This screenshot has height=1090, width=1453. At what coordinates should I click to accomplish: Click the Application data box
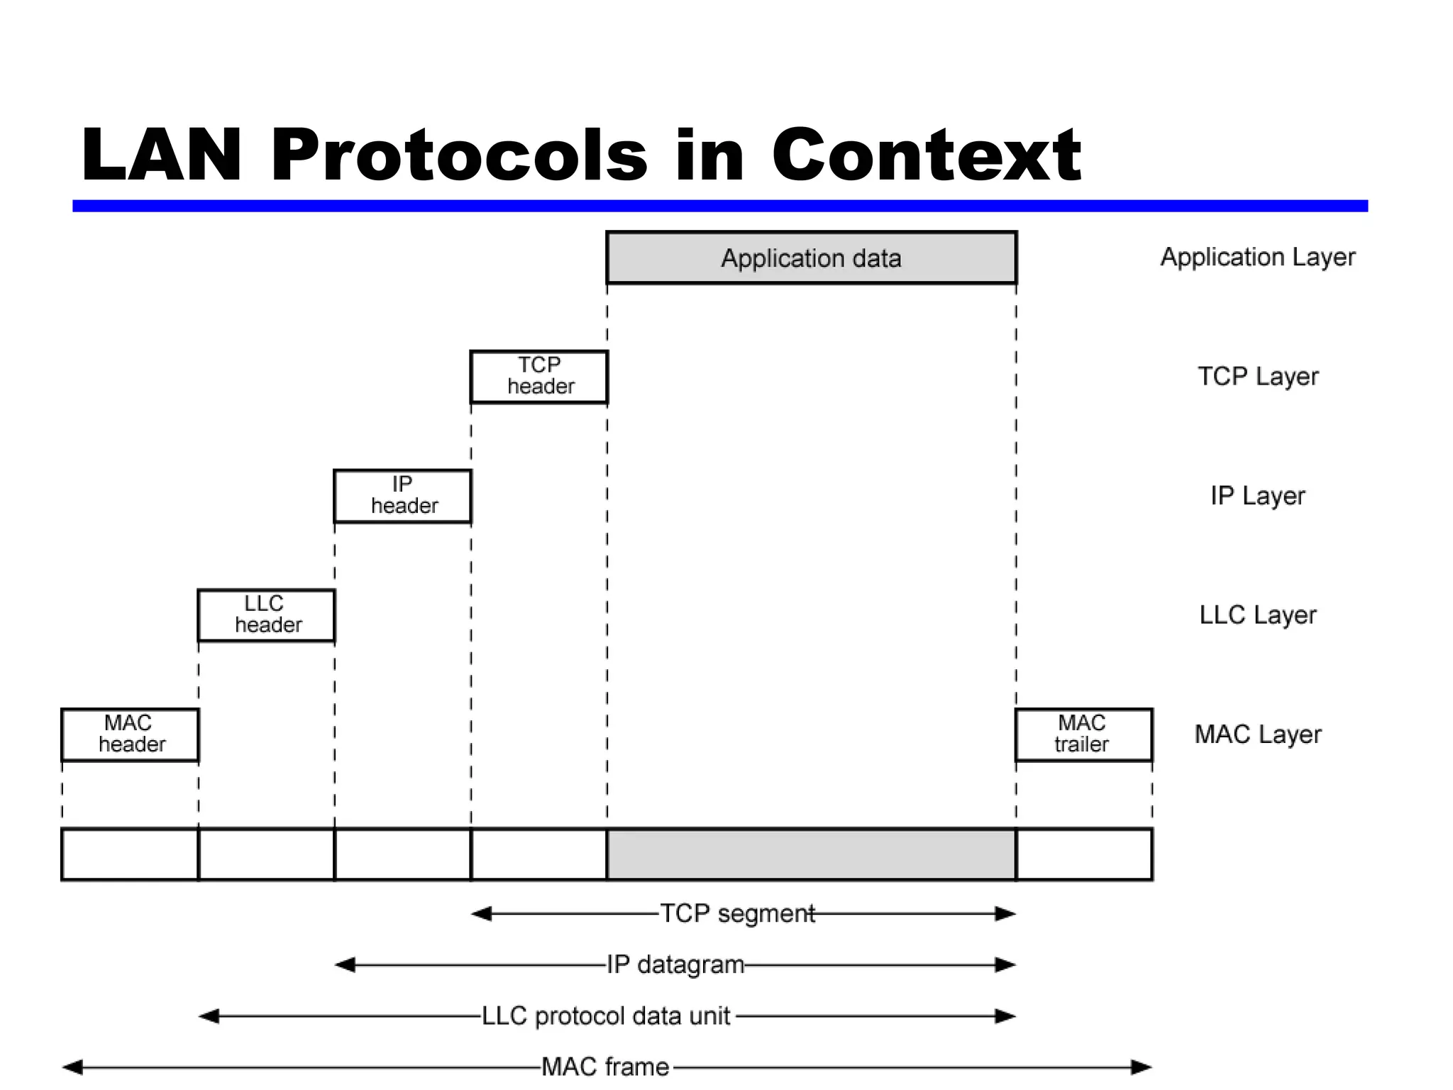pyautogui.click(x=811, y=258)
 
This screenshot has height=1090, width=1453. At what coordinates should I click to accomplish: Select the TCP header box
pyautogui.click(x=539, y=377)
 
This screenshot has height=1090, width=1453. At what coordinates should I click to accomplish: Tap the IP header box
pyautogui.click(x=402, y=496)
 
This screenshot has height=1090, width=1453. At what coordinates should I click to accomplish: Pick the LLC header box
pyautogui.click(x=266, y=615)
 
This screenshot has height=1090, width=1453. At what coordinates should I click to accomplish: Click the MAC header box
pyautogui.click(x=130, y=734)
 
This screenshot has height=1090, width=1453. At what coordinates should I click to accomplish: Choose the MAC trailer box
pyautogui.click(x=1083, y=734)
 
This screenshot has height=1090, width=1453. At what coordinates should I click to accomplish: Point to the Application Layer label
pyautogui.click(x=1257, y=257)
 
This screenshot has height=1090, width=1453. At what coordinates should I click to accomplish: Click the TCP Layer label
pyautogui.click(x=1258, y=376)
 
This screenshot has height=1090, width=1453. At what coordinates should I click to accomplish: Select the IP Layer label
pyautogui.click(x=1257, y=495)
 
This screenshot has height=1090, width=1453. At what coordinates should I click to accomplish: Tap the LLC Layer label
pyautogui.click(x=1257, y=615)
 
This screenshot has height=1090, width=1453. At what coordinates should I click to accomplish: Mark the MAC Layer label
pyautogui.click(x=1257, y=734)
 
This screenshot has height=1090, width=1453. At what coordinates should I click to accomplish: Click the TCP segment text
pyautogui.click(x=737, y=913)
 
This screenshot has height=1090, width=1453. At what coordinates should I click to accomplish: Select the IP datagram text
pyautogui.click(x=675, y=965)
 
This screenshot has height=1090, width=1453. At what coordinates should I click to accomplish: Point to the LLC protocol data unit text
pyautogui.click(x=606, y=1016)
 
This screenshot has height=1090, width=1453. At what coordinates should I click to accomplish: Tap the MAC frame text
pyautogui.click(x=605, y=1067)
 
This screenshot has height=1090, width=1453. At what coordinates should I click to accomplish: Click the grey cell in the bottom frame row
pyautogui.click(x=811, y=854)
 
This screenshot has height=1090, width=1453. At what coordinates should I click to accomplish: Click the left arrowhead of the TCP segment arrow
pyautogui.click(x=482, y=914)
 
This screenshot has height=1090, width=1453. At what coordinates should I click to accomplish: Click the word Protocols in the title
pyautogui.click(x=459, y=155)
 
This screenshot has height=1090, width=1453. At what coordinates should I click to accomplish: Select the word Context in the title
pyautogui.click(x=926, y=155)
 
